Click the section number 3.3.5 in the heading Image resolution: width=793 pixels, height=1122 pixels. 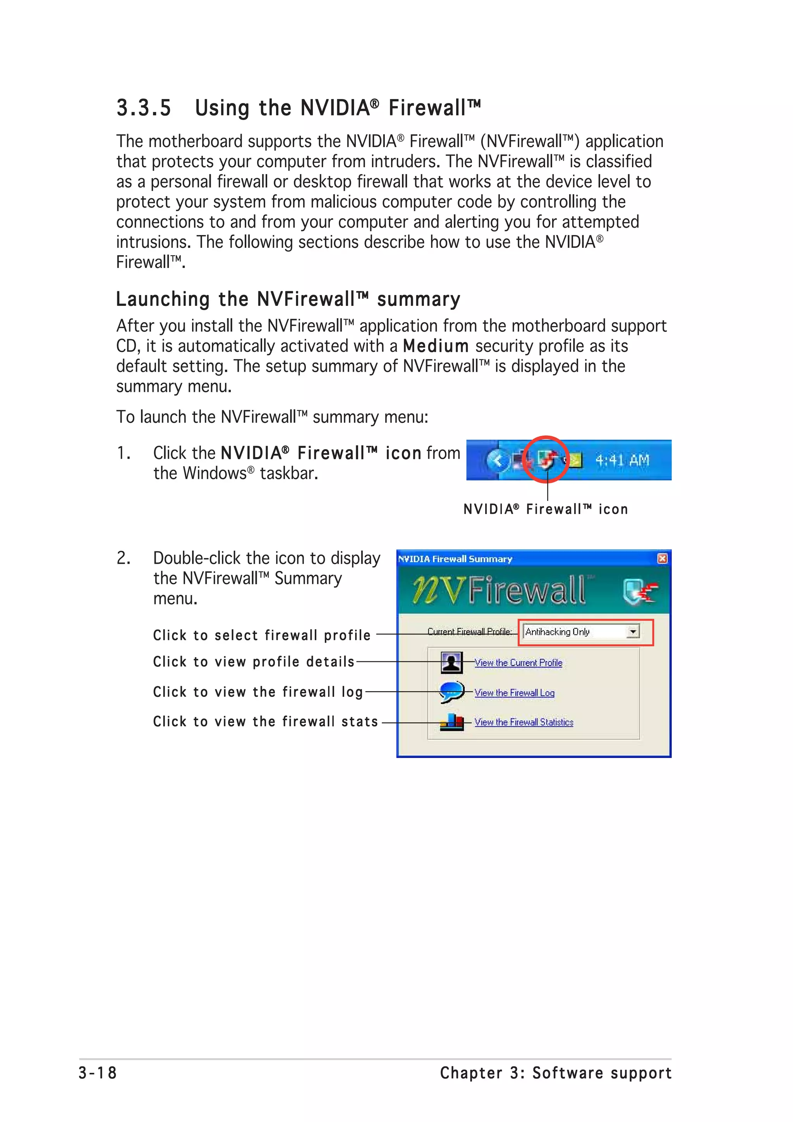click(144, 108)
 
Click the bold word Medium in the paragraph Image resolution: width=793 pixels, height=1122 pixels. click(435, 346)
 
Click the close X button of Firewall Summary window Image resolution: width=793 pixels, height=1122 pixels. click(662, 559)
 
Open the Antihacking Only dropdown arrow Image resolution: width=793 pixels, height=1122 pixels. click(633, 632)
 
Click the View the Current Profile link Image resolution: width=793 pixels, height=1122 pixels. click(518, 663)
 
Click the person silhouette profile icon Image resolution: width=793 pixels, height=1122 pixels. click(451, 663)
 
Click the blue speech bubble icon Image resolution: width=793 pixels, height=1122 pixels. click(451, 692)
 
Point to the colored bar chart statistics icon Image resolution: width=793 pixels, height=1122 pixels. click(451, 722)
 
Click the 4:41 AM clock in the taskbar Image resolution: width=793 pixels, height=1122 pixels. click(621, 460)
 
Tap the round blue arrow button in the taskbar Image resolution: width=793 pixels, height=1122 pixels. click(498, 460)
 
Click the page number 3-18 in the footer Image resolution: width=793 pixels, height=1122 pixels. click(98, 1073)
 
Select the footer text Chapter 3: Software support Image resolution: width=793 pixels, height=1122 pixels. click(556, 1073)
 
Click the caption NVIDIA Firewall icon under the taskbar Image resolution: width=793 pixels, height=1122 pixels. click(545, 509)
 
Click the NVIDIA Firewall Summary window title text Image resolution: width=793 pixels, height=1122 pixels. click(455, 559)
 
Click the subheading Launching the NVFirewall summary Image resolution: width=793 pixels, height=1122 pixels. click(288, 299)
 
